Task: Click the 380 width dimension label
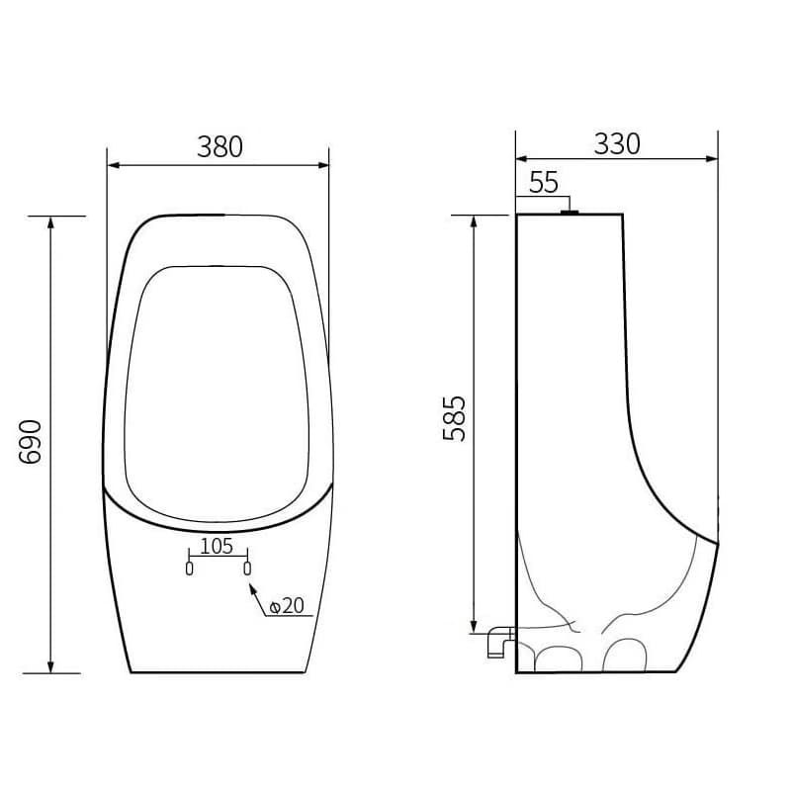pyautogui.click(x=220, y=146)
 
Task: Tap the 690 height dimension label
pyautogui.click(x=30, y=442)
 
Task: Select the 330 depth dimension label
pyautogui.click(x=616, y=143)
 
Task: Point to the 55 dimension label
pyautogui.click(x=544, y=183)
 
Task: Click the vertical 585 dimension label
pyautogui.click(x=454, y=418)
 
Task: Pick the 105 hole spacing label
pyautogui.click(x=217, y=546)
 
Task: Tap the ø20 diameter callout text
pyautogui.click(x=287, y=606)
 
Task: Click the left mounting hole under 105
pyautogui.click(x=189, y=568)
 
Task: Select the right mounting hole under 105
pyautogui.click(x=247, y=568)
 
